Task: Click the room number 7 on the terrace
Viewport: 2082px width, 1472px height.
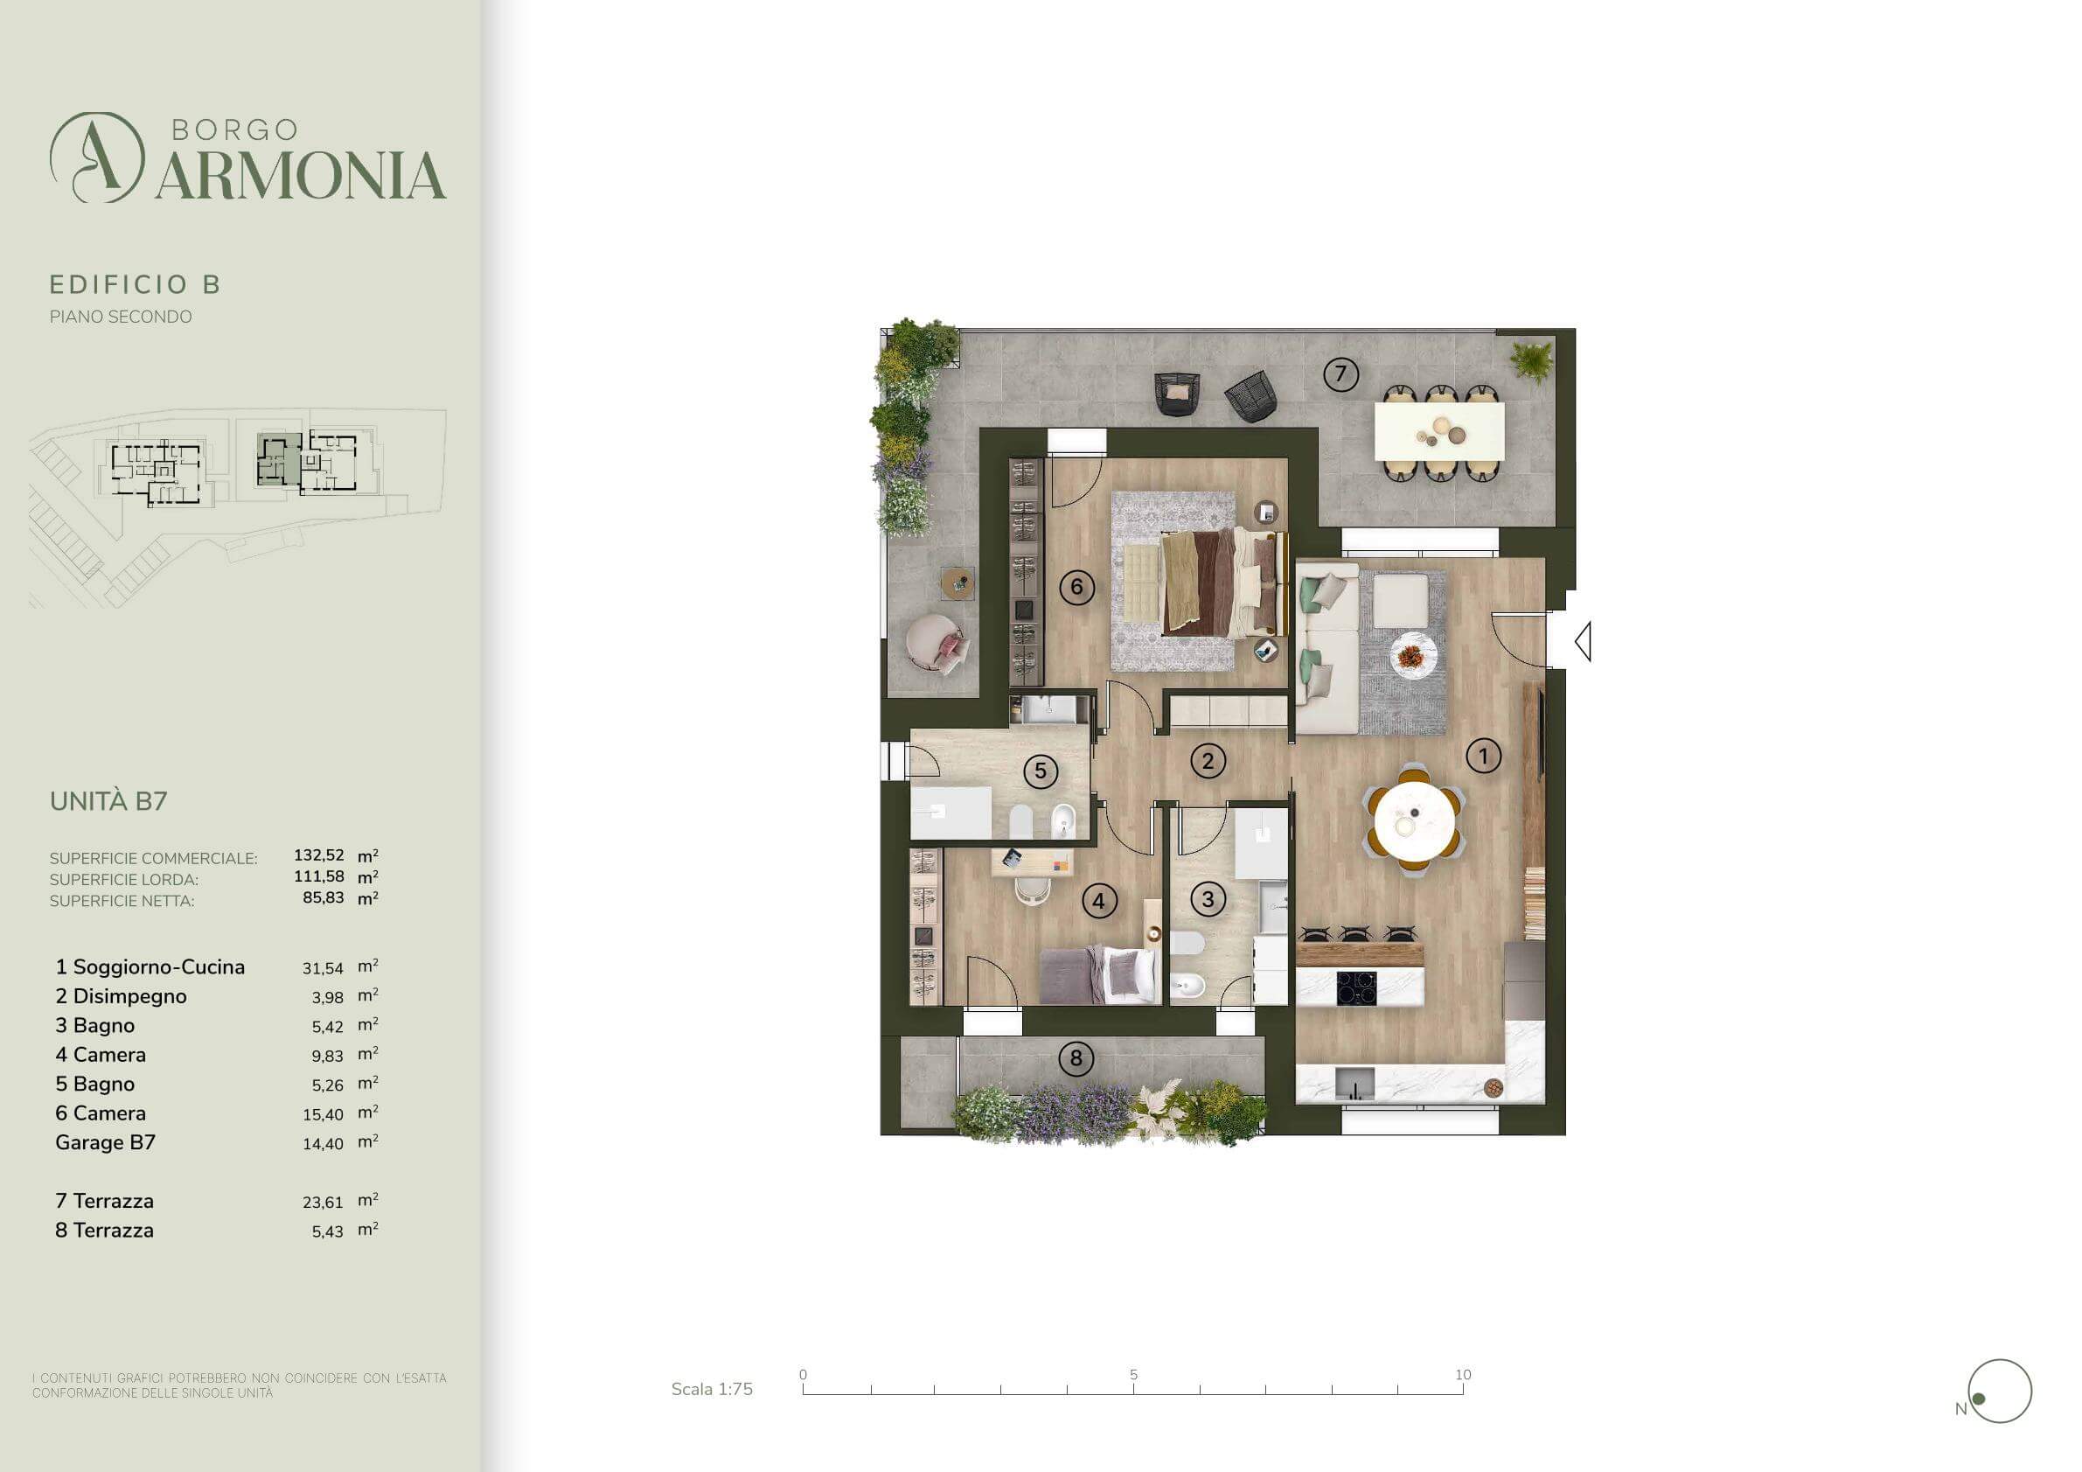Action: click(1340, 373)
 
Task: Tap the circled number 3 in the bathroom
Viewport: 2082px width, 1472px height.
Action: click(1208, 899)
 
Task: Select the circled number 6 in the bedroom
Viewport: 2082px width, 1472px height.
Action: click(1076, 587)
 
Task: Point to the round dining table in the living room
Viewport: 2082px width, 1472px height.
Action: click(1415, 821)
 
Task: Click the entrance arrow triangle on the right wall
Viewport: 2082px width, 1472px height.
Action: click(1584, 641)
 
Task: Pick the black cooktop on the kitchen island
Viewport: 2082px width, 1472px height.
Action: click(1356, 987)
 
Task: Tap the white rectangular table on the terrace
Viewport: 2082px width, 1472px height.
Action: click(1439, 432)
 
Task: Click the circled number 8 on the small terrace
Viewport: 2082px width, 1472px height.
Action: click(1076, 1057)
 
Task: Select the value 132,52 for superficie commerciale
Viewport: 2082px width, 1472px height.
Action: click(319, 855)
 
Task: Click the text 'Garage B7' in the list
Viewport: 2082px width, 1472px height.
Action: click(105, 1142)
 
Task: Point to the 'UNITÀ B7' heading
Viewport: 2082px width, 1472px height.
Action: click(108, 801)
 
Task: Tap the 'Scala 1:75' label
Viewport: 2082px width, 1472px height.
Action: click(712, 1389)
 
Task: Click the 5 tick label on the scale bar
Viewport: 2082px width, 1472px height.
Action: click(1133, 1374)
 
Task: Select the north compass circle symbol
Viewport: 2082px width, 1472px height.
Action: click(2001, 1392)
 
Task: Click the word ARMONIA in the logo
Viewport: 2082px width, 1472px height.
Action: click(300, 175)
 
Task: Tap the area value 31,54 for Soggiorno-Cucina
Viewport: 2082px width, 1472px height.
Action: click(323, 968)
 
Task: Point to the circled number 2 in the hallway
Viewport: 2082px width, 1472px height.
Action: click(1207, 761)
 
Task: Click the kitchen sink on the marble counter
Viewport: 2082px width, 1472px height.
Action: click(1355, 1083)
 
